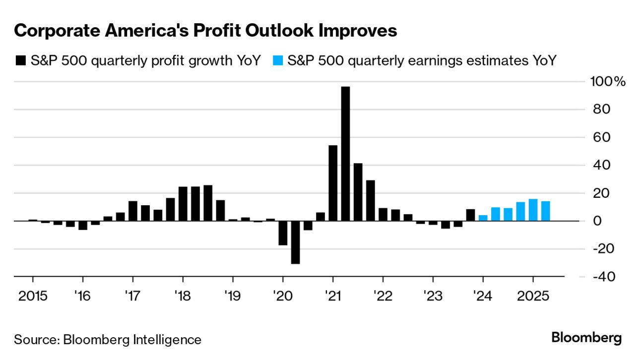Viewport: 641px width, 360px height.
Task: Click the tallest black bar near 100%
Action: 345,154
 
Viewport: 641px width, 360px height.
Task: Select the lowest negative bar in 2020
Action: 295,242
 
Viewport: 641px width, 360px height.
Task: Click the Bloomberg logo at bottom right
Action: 586,339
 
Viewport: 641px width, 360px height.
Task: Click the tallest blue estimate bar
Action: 533,210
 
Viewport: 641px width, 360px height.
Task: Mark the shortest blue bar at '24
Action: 483,218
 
